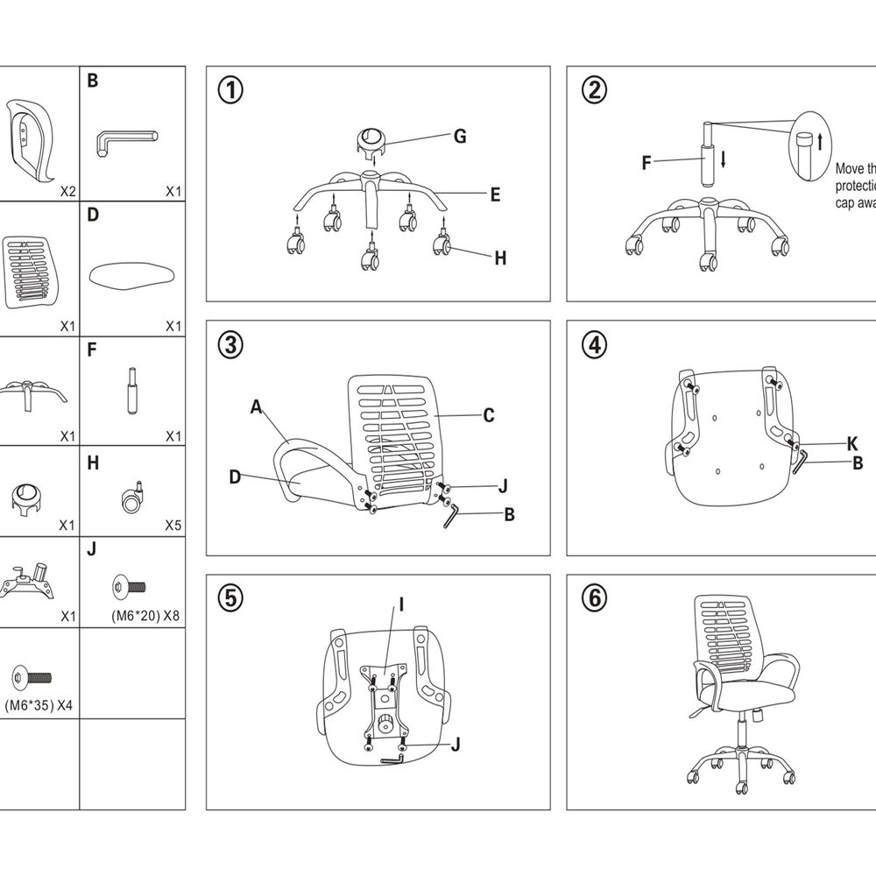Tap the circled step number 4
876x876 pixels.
pyautogui.click(x=594, y=344)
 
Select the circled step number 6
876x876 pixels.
pyautogui.click(x=594, y=598)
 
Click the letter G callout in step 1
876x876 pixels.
pyautogui.click(x=459, y=136)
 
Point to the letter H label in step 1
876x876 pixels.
pyautogui.click(x=500, y=258)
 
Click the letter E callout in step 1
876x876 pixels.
pyautogui.click(x=495, y=194)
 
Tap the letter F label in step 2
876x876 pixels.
pyautogui.click(x=646, y=162)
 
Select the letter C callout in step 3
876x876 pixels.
pyautogui.click(x=489, y=415)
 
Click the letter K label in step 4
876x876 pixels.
pyautogui.click(x=852, y=442)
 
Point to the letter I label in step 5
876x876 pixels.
pyautogui.click(x=400, y=604)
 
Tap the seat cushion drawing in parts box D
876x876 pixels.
pyautogui.click(x=132, y=275)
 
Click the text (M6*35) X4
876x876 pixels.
pyautogui.click(x=38, y=705)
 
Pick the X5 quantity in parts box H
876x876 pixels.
pyautogui.click(x=173, y=526)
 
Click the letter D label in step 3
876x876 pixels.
pyautogui.click(x=235, y=477)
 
